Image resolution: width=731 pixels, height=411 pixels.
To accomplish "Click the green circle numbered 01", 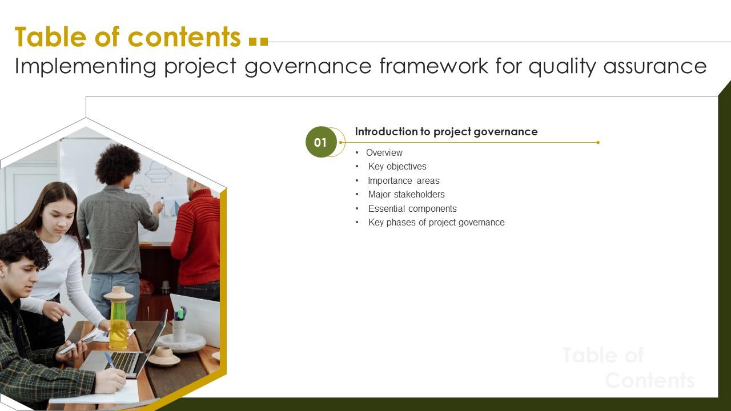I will (321, 142).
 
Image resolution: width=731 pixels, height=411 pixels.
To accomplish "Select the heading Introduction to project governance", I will (446, 132).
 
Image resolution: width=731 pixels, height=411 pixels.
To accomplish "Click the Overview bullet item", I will (384, 152).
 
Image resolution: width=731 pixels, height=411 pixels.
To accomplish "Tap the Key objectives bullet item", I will (397, 167).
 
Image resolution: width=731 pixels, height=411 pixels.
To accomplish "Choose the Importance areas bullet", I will (403, 180).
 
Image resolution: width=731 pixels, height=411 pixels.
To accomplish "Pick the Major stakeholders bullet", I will (406, 195).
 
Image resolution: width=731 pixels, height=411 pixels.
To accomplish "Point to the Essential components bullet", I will (412, 208).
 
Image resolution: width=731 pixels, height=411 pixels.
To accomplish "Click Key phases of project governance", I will (436, 223).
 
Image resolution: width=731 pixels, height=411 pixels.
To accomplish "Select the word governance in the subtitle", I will (308, 67).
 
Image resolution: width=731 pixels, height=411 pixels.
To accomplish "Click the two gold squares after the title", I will (259, 41).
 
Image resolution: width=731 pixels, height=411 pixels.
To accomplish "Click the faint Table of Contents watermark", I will (628, 368).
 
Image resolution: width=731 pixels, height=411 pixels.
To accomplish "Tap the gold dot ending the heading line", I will (598, 142).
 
